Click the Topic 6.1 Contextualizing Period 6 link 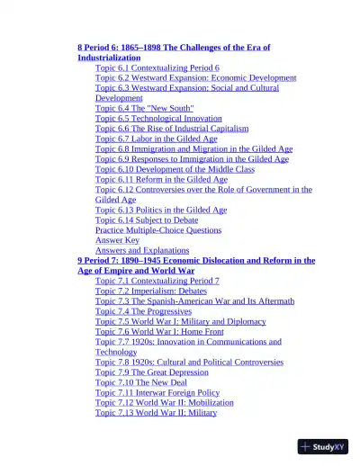pos(157,67)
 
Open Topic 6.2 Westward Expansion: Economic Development pos(195,77)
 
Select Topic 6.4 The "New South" pos(144,108)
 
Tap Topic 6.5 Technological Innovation pos(158,118)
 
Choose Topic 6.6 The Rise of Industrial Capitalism pos(177,129)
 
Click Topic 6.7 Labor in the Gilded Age pos(156,139)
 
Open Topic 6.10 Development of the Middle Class pos(175,169)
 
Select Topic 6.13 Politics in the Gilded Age pos(161,210)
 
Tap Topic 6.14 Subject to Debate pos(147,220)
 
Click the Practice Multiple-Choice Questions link pos(157,229)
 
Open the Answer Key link pos(117,240)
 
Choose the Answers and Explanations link pos(142,250)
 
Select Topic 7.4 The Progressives pos(144,311)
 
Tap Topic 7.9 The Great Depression pos(150,372)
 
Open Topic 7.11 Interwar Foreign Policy pos(157,392)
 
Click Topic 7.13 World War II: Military pos(156,413)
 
